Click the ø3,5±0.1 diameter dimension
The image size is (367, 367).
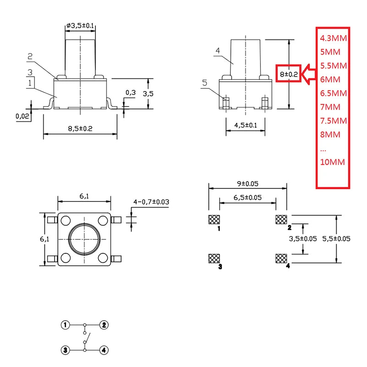pyautogui.click(x=80, y=26)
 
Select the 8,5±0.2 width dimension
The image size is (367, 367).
pyautogui.click(x=80, y=129)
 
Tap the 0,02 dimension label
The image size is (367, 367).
pyautogui.click(x=22, y=116)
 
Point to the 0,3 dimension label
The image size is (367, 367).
pyautogui.click(x=131, y=93)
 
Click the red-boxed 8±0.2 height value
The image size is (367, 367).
pyautogui.click(x=289, y=73)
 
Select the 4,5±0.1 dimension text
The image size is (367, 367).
pyautogui.click(x=245, y=125)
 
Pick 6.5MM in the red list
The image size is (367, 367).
pyautogui.click(x=333, y=93)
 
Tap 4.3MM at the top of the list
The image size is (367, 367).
pyautogui.click(x=333, y=38)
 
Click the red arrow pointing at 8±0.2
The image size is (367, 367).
pyautogui.click(x=309, y=73)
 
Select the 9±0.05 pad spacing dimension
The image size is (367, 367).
pyautogui.click(x=248, y=183)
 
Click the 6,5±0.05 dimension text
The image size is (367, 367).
pyautogui.click(x=248, y=198)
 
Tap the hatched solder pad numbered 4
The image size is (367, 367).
pyautogui.click(x=281, y=258)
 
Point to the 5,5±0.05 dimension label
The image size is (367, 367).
pyautogui.click(x=336, y=239)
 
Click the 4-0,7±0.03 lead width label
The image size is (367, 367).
pyautogui.click(x=151, y=202)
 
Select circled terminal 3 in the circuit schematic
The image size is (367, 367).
pyautogui.click(x=66, y=350)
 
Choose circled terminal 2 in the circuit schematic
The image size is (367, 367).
pyautogui.click(x=105, y=325)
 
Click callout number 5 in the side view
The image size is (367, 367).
pyautogui.click(x=205, y=83)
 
